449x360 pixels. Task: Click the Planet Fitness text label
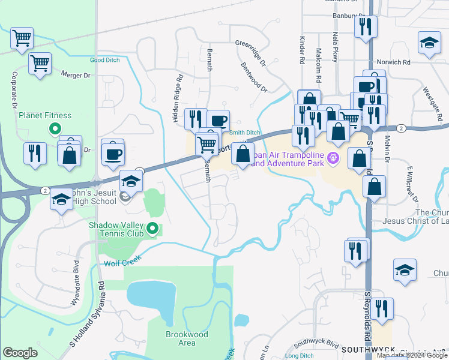pyautogui.click(x=45, y=115)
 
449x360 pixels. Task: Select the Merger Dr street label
pyautogui.click(x=75, y=74)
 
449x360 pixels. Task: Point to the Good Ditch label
pyautogui.click(x=105, y=60)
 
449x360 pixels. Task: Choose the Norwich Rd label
pyautogui.click(x=393, y=62)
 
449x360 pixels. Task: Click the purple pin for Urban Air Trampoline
pyautogui.click(x=335, y=158)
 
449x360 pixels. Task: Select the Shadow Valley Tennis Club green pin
pyautogui.click(x=152, y=229)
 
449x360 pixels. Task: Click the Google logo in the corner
pyautogui.click(x=20, y=353)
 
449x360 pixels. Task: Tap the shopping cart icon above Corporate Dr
pyautogui.click(x=22, y=38)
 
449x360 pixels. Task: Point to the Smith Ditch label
pyautogui.click(x=244, y=132)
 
